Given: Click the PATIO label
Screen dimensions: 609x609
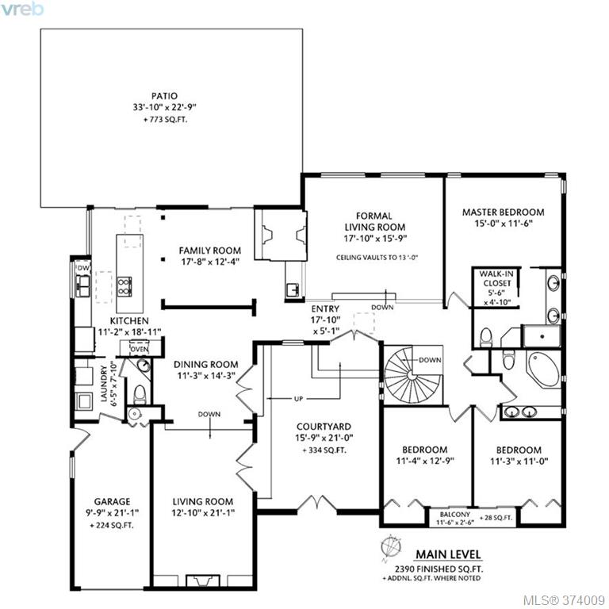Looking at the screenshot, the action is pyautogui.click(x=164, y=96).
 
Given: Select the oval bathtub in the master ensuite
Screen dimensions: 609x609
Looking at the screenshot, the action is pyautogui.click(x=543, y=369).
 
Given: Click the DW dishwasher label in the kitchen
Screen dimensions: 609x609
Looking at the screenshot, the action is pyautogui.click(x=83, y=268).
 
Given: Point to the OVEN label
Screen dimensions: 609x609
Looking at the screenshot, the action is pyautogui.click(x=140, y=349).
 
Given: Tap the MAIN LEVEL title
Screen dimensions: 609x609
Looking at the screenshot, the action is pyautogui.click(x=448, y=554).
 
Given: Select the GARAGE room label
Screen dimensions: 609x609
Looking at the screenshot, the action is pyautogui.click(x=113, y=501).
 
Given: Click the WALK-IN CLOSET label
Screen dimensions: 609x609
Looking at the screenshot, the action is pyautogui.click(x=496, y=278).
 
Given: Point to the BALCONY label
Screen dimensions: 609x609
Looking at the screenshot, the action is pyautogui.click(x=455, y=514).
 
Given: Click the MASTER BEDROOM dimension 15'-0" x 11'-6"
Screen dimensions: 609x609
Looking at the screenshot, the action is pyautogui.click(x=503, y=224).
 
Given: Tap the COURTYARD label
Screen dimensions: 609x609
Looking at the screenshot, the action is pyautogui.click(x=324, y=427).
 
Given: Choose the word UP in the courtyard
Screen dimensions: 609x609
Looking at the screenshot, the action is pyautogui.click(x=298, y=399).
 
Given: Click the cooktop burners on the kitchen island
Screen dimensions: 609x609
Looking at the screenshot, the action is pyautogui.click(x=124, y=286).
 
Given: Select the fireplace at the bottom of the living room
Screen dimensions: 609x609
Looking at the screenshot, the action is pyautogui.click(x=202, y=580).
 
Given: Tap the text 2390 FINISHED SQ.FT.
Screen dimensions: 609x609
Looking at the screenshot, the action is pyautogui.click(x=439, y=569).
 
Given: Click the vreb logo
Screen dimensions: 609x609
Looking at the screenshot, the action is pyautogui.click(x=21, y=10).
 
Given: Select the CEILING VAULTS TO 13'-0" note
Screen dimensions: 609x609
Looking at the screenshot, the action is pyautogui.click(x=377, y=257).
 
